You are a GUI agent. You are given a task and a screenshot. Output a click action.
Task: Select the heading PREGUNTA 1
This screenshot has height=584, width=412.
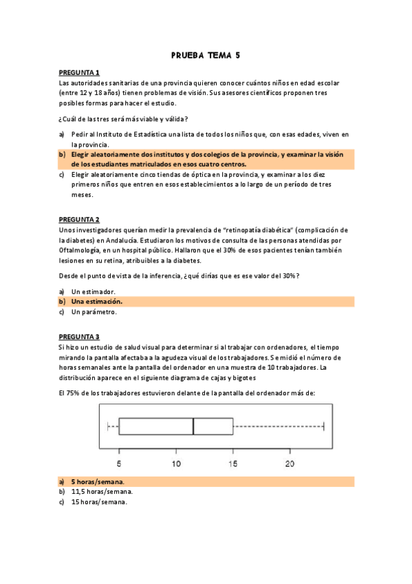(79, 72)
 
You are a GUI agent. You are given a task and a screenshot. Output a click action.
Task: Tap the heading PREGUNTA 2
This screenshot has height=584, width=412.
(79, 219)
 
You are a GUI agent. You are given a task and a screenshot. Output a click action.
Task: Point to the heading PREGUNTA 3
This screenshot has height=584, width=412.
(79, 337)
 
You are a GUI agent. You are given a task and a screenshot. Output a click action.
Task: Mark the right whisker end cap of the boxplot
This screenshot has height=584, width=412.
(324, 426)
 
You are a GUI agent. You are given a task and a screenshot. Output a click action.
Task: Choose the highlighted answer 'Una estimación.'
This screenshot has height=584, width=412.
(97, 302)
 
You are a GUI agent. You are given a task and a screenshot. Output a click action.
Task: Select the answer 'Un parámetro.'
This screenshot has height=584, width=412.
(94, 312)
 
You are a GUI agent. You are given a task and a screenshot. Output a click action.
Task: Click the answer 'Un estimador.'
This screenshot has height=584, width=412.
(94, 291)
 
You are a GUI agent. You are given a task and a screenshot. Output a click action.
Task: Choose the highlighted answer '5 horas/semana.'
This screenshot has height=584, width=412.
(102, 481)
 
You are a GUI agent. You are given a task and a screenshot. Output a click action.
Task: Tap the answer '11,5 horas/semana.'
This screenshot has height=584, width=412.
(102, 492)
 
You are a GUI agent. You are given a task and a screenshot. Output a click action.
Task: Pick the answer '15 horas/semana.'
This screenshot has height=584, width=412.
(100, 502)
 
